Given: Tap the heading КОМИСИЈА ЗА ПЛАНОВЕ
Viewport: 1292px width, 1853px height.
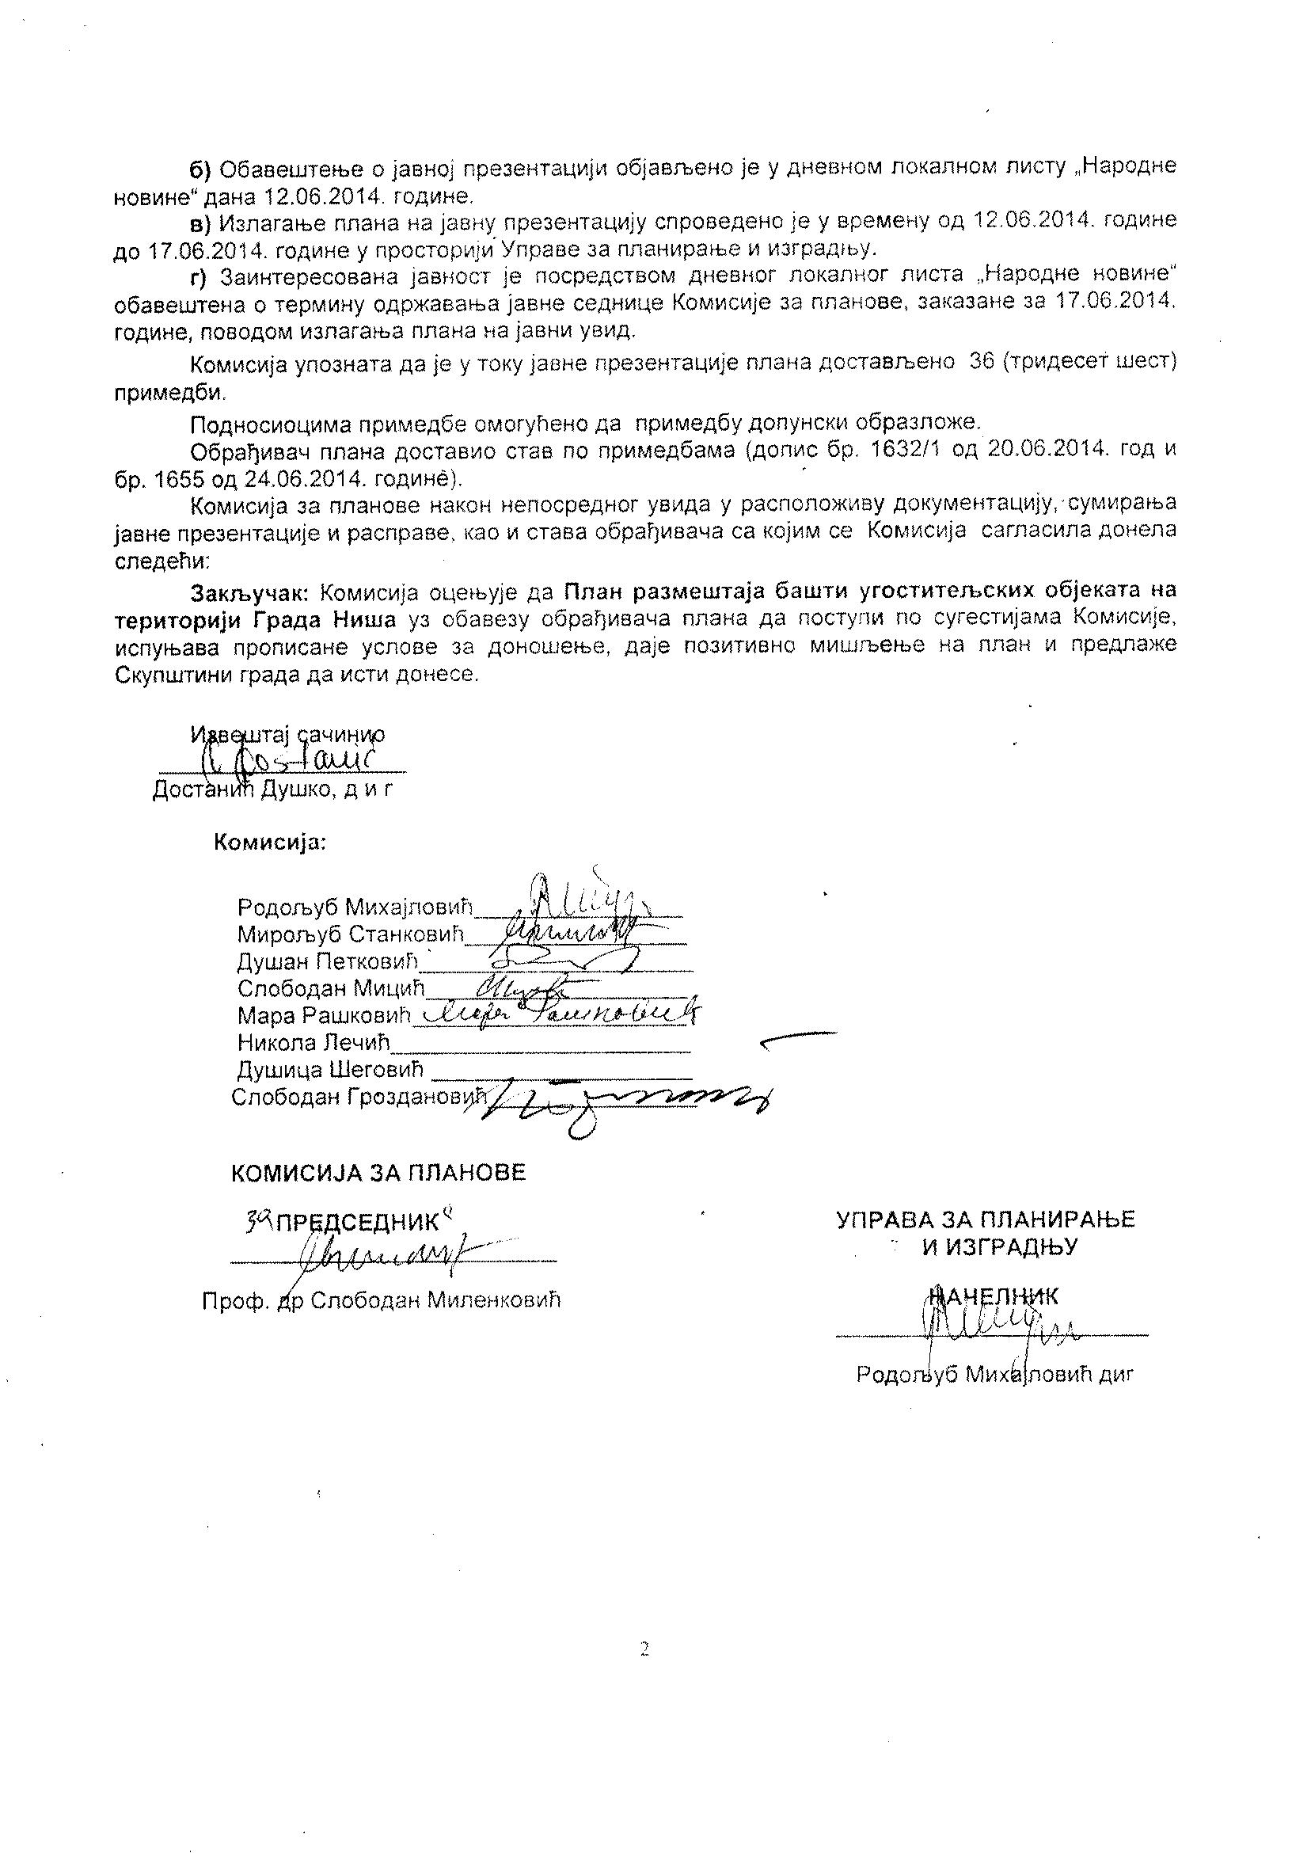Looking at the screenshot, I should click(x=378, y=1173).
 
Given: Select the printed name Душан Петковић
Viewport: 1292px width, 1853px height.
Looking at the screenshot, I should click(x=329, y=962).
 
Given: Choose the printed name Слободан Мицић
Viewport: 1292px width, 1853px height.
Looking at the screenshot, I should click(x=330, y=988).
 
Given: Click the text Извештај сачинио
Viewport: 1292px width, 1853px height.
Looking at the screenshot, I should click(x=287, y=734).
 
